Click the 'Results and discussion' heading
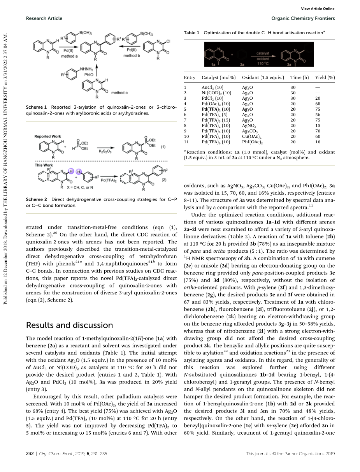tap(69, 325)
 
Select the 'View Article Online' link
tap(318, 9)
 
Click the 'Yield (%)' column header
tap(324, 78)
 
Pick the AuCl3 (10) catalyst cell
tap(212, 88)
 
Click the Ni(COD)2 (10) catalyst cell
tap(216, 93)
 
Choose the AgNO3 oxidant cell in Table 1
tap(249, 126)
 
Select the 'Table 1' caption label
tap(191, 33)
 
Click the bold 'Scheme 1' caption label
tap(36, 107)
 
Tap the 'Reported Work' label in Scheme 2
tap(48, 137)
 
